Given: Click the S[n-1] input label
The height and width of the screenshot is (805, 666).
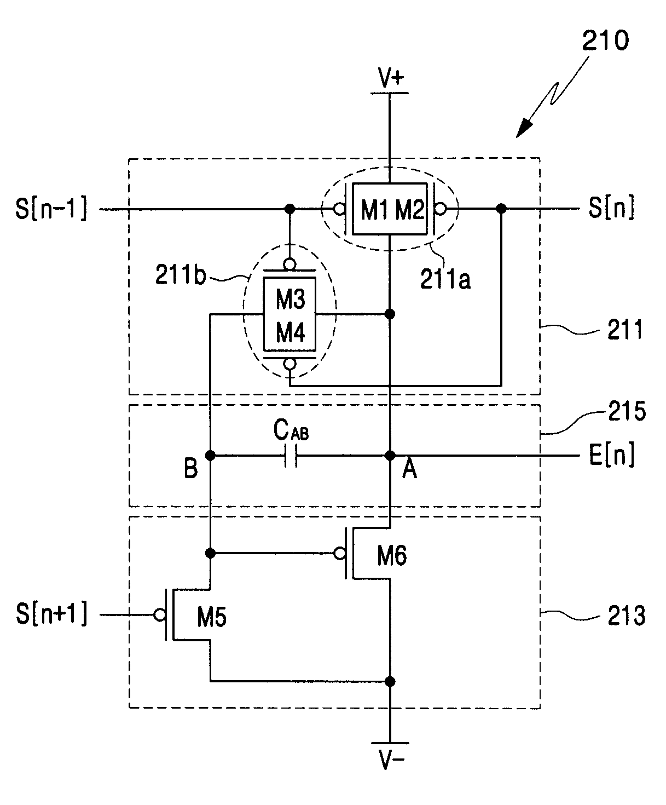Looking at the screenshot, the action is [x=51, y=209].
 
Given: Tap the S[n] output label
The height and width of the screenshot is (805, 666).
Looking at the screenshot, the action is [x=611, y=208].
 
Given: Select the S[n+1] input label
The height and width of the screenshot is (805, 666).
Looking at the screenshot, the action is [x=51, y=614].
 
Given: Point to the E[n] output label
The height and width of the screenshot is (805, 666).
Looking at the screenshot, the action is [x=612, y=455].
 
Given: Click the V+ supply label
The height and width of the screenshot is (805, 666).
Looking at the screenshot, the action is [x=391, y=78].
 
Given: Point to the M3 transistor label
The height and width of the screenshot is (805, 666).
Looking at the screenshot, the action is [x=291, y=299].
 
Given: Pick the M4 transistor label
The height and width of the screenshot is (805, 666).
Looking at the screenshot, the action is [x=291, y=332].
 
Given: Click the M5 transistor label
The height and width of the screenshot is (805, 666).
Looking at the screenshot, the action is [x=212, y=617].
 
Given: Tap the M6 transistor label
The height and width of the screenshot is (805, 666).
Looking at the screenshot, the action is [x=392, y=556].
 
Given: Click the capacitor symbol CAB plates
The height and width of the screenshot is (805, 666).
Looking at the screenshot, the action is [x=291, y=456].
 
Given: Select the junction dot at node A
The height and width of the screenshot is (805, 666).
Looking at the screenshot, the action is [x=390, y=456].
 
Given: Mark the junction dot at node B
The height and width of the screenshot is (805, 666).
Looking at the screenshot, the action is [x=210, y=456].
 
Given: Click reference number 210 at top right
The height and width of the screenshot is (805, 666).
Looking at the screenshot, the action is [x=605, y=41].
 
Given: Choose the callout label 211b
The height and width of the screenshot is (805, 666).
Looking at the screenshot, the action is [x=181, y=275].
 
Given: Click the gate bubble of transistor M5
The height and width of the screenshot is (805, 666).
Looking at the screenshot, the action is [x=160, y=614].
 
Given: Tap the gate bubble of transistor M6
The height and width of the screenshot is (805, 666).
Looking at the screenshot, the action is [x=339, y=554].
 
